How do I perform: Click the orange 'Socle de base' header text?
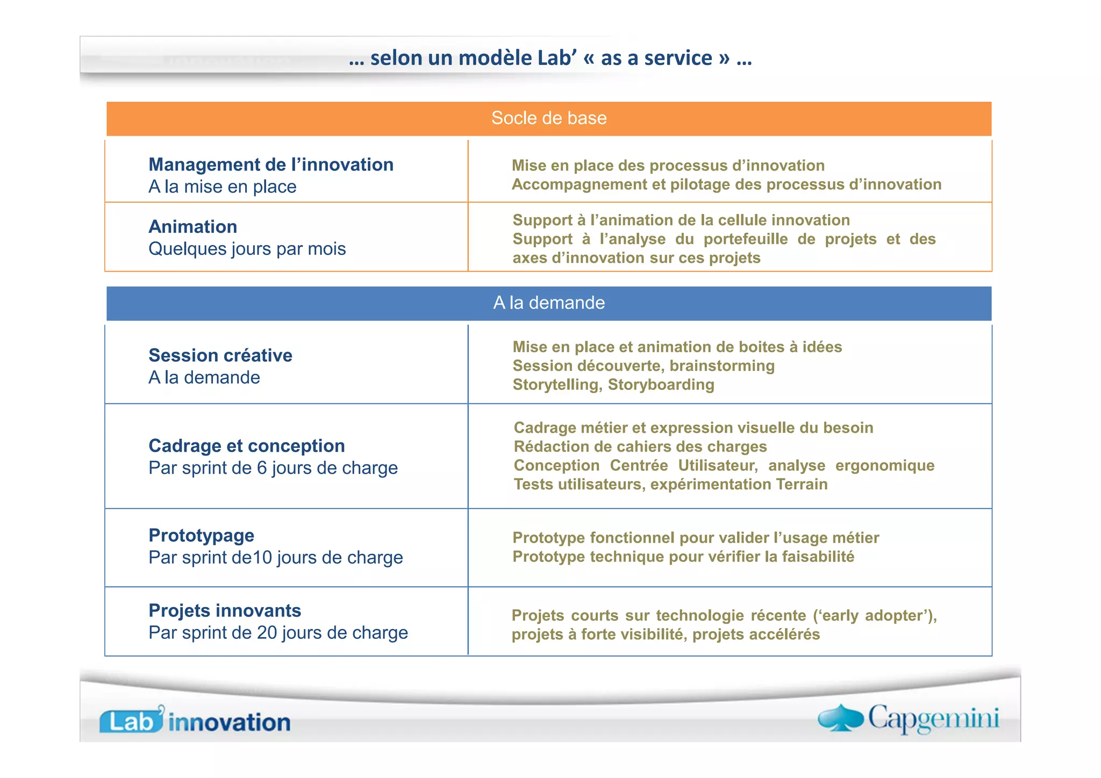549,118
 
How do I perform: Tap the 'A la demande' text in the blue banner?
549,303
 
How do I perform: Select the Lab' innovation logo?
195,720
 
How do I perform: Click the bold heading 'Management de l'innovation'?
271,165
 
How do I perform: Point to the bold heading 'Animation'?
192,227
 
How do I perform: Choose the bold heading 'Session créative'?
220,355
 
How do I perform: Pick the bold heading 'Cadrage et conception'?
247,446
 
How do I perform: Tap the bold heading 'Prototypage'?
202,536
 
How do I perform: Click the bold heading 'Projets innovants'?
225,611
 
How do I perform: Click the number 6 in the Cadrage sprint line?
262,468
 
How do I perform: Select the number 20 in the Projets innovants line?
267,633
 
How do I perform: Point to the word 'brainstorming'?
722,366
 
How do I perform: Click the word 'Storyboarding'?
661,385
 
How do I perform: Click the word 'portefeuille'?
746,239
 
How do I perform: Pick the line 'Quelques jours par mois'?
247,249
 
